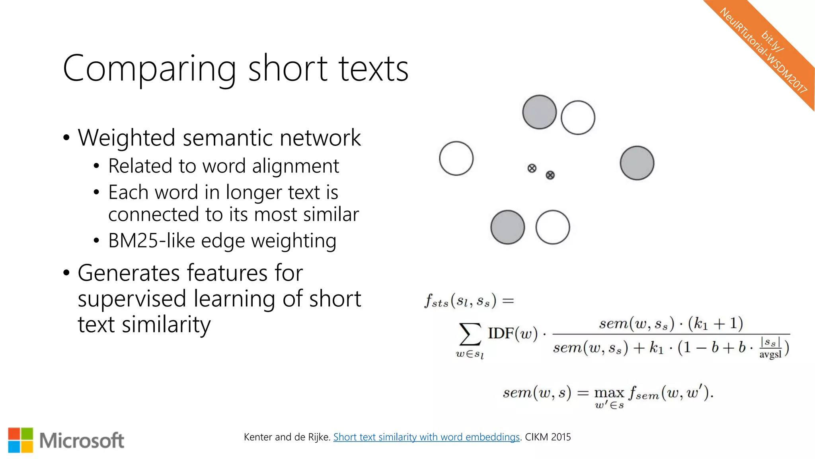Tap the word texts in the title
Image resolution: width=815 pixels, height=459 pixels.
374,69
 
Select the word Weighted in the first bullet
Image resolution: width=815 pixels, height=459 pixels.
126,138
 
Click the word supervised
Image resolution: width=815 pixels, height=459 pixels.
132,299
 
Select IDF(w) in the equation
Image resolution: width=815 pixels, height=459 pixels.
513,333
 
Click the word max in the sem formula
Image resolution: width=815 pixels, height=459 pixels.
609,393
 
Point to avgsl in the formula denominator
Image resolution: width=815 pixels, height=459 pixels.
770,354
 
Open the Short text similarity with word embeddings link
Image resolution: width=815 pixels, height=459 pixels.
426,437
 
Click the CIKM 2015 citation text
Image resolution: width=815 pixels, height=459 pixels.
548,437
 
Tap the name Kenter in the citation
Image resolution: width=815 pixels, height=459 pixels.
258,437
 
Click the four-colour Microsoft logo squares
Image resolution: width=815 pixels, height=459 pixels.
20,440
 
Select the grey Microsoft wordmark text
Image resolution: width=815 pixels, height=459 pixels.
82,441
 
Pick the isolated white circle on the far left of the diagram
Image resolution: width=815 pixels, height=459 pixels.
456,158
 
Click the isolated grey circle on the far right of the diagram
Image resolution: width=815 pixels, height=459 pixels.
637,163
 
